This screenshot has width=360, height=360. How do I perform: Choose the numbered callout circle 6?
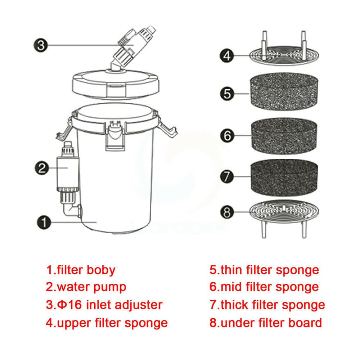227,136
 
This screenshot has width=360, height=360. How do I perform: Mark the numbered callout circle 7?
227,177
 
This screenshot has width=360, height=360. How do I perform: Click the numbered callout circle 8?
227,212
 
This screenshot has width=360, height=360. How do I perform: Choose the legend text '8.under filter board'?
265,323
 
